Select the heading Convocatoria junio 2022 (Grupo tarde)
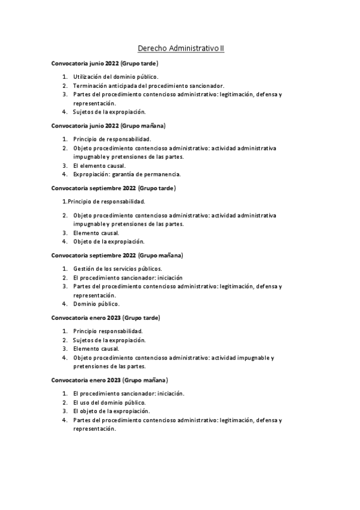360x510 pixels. pyautogui.click(x=105, y=63)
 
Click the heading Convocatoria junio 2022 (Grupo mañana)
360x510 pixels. pyautogui.click(x=108, y=126)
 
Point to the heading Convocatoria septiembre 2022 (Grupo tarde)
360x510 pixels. pyautogui.click(x=113, y=188)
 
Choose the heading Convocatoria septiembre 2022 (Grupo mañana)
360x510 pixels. pyautogui.click(x=117, y=255)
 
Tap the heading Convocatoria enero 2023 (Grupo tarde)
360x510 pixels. pyautogui.click(x=106, y=317)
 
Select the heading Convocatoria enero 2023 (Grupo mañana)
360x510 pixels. pyautogui.click(x=109, y=380)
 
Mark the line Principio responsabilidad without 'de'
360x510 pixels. pyautogui.click(x=108, y=331)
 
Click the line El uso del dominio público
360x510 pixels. pyautogui.click(x=109, y=402)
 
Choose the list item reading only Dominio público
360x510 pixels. pyautogui.click(x=96, y=304)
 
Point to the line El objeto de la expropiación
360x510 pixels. pyautogui.click(x=111, y=411)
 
